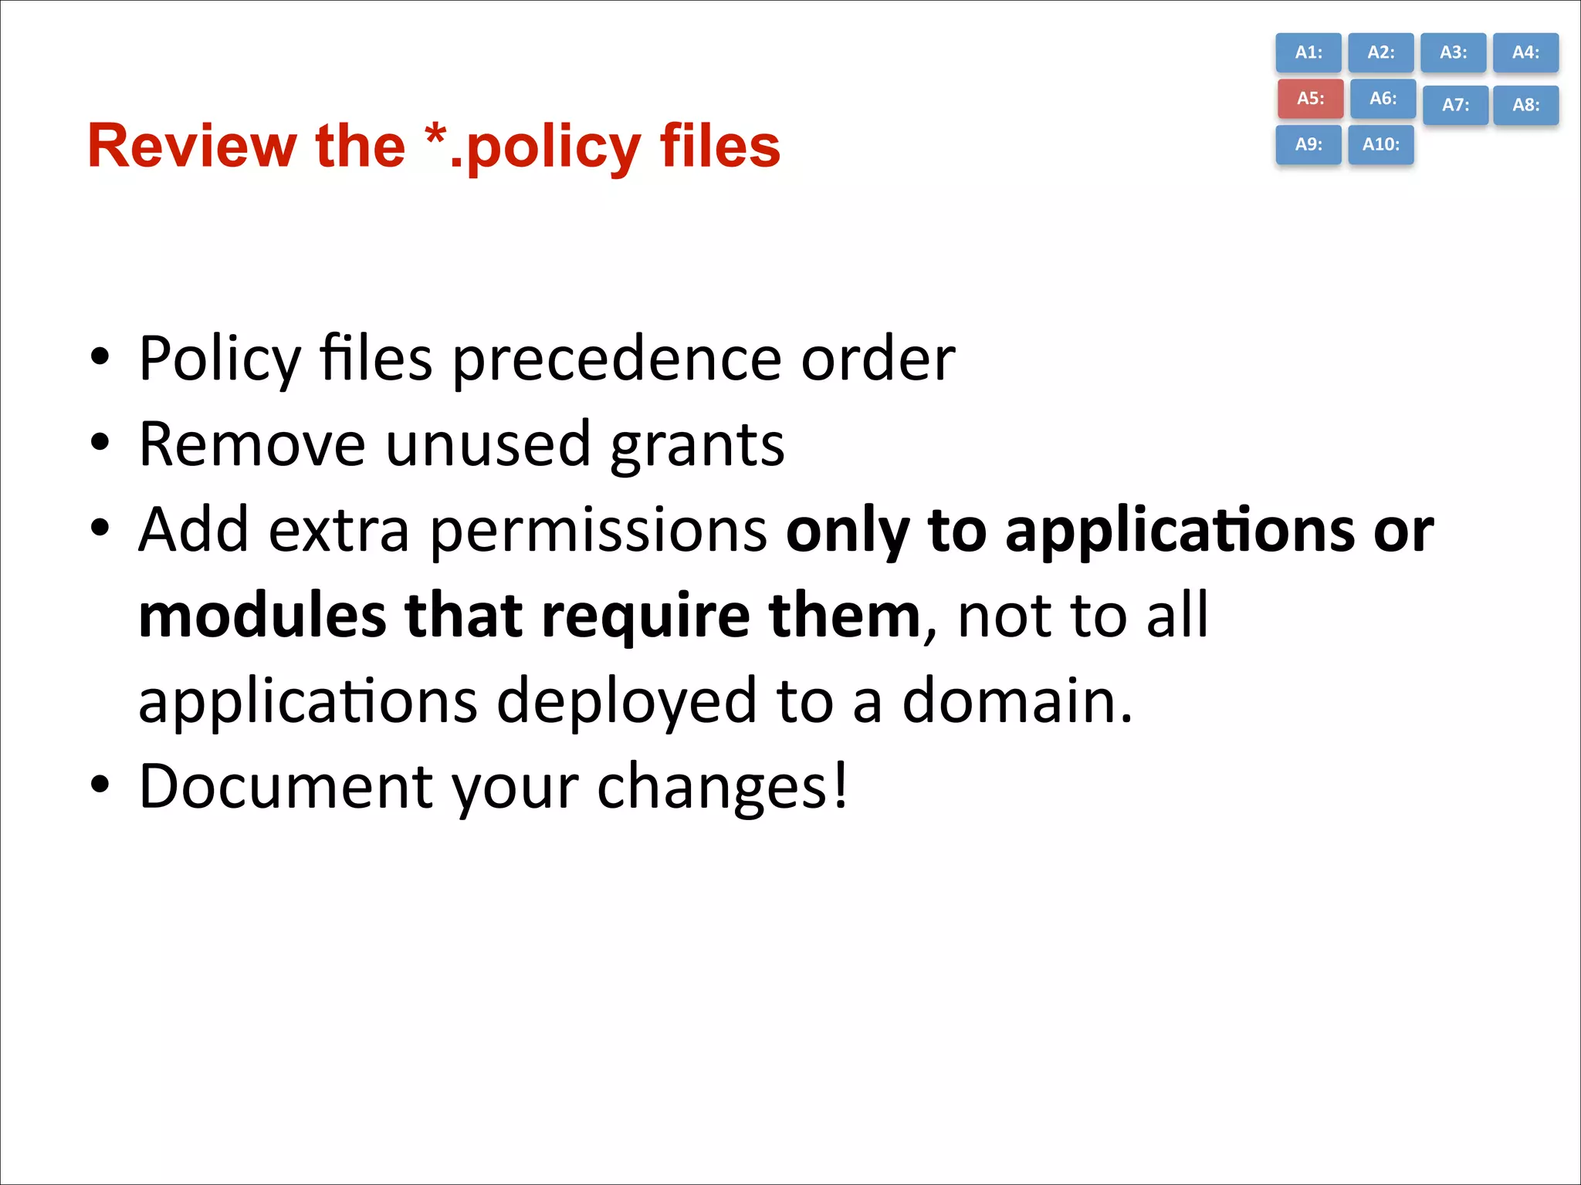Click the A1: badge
tap(1308, 52)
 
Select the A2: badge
tap(1380, 52)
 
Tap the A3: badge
tap(1453, 52)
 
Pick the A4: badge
tap(1525, 52)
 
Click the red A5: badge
tap(1310, 99)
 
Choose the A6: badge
tap(1383, 99)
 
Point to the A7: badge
tap(1455, 105)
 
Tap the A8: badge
tap(1525, 105)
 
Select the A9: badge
tap(1308, 144)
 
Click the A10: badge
tap(1380, 144)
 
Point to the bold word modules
tap(262, 616)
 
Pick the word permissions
tap(598, 531)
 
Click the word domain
tap(1016, 701)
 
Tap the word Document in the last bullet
tap(286, 787)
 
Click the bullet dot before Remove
tap(100, 444)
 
